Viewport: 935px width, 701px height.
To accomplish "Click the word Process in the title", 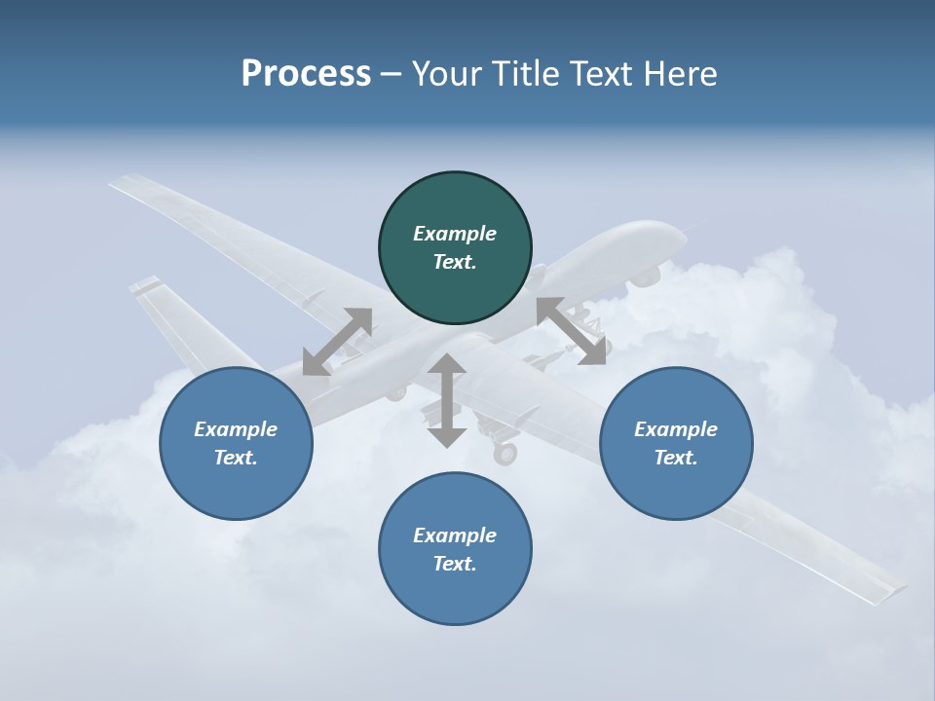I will click(x=306, y=74).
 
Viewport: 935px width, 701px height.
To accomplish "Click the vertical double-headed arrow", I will click(x=447, y=400).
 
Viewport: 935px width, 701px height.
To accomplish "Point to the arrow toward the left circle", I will click(x=337, y=342).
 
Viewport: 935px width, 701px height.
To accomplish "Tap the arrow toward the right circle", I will click(x=572, y=331).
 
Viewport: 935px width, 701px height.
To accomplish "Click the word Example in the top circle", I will click(x=454, y=234).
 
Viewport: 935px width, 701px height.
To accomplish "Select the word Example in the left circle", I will click(x=235, y=429).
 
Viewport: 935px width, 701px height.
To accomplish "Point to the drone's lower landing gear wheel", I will click(x=505, y=454).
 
